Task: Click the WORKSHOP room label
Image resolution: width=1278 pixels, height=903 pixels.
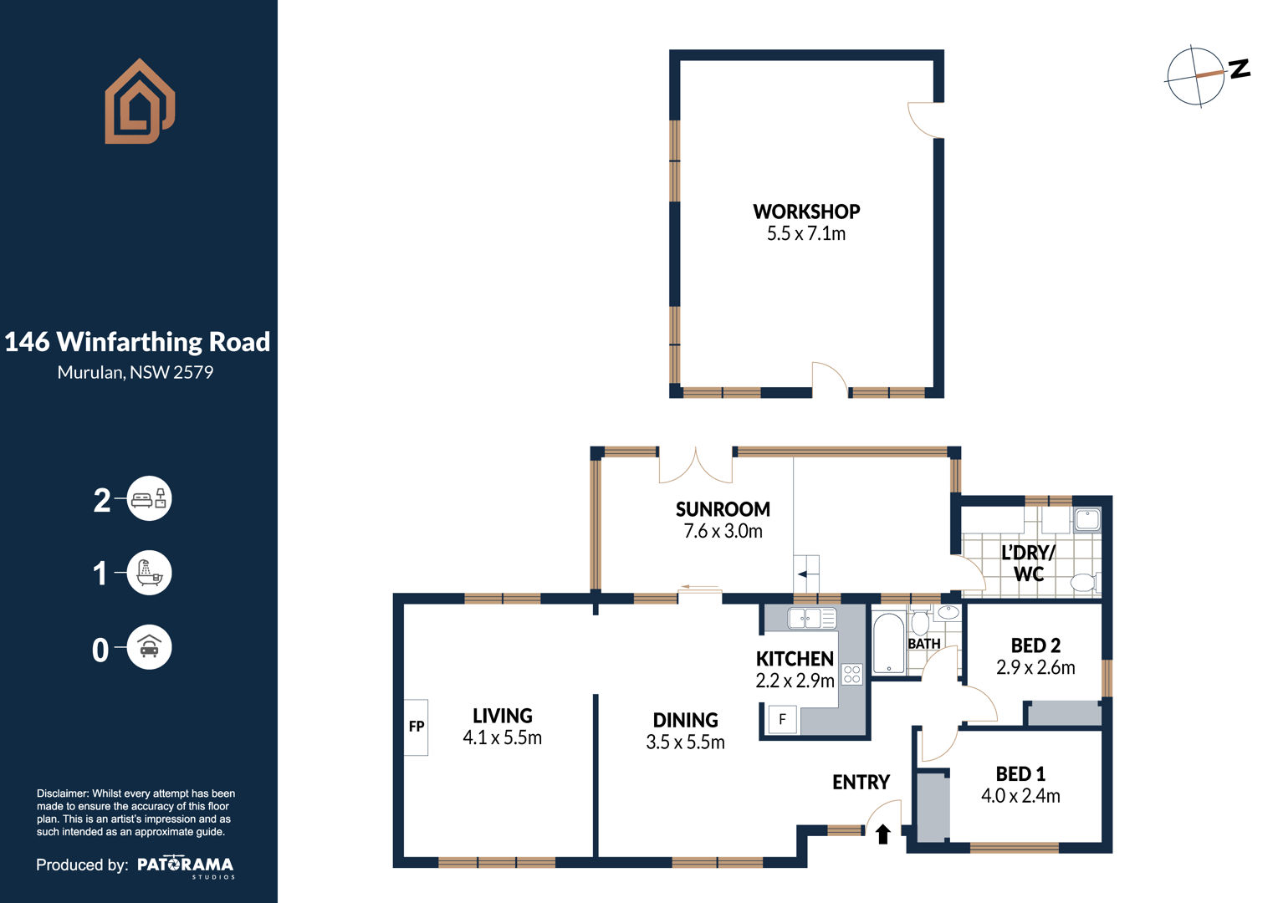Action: (806, 212)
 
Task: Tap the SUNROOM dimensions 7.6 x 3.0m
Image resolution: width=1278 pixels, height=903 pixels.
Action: (723, 531)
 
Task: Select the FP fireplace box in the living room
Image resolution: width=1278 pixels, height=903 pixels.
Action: (416, 727)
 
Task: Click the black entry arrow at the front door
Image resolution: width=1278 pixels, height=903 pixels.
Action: (883, 834)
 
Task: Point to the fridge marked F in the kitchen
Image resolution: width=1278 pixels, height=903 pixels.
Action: (783, 719)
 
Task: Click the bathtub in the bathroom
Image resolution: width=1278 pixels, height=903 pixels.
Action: (889, 643)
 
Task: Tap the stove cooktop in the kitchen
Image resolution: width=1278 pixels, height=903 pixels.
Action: (851, 674)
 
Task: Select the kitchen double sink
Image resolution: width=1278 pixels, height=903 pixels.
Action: (812, 618)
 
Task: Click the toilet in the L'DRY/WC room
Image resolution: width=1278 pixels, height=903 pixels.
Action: (1085, 583)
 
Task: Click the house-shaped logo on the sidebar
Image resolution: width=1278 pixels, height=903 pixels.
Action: (140, 101)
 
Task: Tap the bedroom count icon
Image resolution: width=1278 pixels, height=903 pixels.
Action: (149, 498)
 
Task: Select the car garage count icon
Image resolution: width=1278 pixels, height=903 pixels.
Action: (149, 647)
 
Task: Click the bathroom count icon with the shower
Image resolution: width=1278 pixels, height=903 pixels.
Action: (149, 573)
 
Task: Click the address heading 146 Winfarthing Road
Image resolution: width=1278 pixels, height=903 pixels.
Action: (137, 342)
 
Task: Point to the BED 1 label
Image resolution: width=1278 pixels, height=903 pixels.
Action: (1020, 774)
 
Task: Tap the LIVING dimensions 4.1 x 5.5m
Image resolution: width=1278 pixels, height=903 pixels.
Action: (502, 737)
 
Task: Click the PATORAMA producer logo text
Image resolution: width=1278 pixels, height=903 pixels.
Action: (186, 866)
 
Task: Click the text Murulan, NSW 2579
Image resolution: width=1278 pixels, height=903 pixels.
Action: (135, 373)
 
